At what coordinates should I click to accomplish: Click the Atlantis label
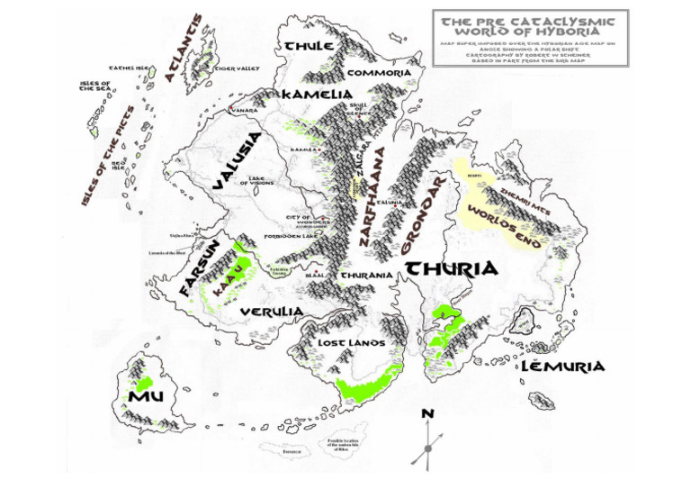(184, 48)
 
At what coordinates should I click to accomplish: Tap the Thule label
(310, 46)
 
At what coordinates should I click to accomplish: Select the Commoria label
(380, 73)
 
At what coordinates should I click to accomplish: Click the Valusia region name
(238, 161)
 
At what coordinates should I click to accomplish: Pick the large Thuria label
(452, 268)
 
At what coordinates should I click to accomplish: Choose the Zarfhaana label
(376, 197)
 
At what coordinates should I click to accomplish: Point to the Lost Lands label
(352, 343)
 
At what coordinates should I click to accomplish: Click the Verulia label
(271, 312)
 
